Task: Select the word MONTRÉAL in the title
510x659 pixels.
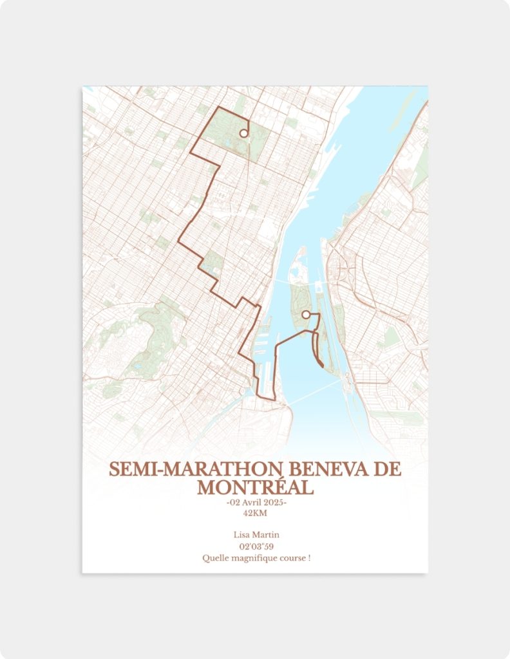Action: coord(255,487)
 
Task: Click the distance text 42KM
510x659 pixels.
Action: coord(256,513)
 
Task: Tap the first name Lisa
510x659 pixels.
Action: coord(243,535)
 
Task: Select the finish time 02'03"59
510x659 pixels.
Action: coord(256,546)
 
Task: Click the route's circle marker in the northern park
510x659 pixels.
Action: coord(243,133)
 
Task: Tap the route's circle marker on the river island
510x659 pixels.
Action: coord(306,315)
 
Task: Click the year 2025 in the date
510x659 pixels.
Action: coord(275,503)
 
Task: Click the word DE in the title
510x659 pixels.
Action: coord(387,469)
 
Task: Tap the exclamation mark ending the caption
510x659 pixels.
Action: coord(309,558)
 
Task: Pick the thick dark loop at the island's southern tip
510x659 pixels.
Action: coord(319,358)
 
